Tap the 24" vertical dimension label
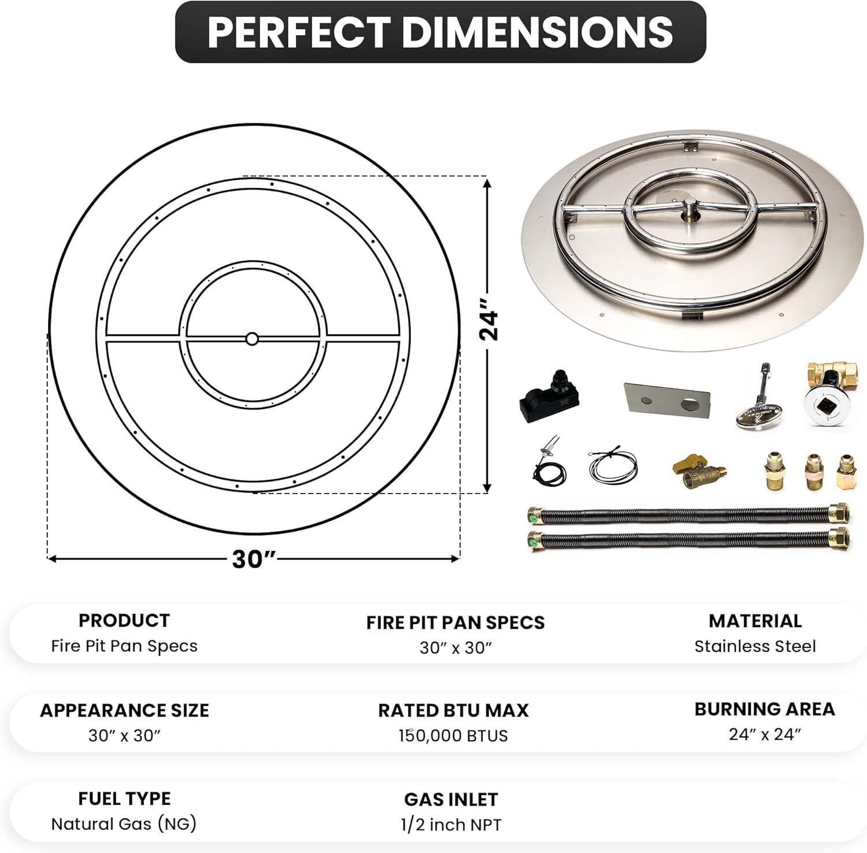(489, 319)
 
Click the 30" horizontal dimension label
(253, 559)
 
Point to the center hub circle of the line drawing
(252, 339)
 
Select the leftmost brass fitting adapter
(775, 472)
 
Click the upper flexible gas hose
(688, 514)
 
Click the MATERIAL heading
(755, 621)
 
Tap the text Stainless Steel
(755, 646)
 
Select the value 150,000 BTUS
(453, 736)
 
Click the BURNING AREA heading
(764, 709)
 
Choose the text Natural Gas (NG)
(124, 824)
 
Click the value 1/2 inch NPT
(451, 825)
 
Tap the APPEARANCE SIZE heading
(124, 710)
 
